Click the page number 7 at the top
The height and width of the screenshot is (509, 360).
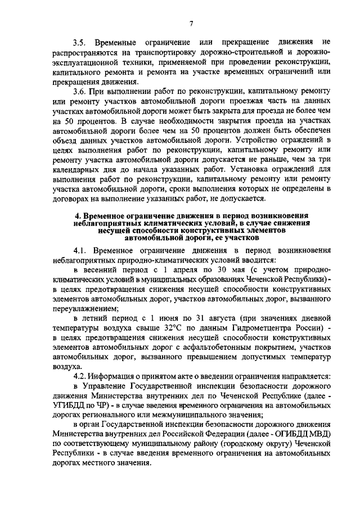click(x=191, y=23)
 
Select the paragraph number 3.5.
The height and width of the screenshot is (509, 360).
click(x=82, y=43)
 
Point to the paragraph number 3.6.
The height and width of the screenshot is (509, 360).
click(x=82, y=91)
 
